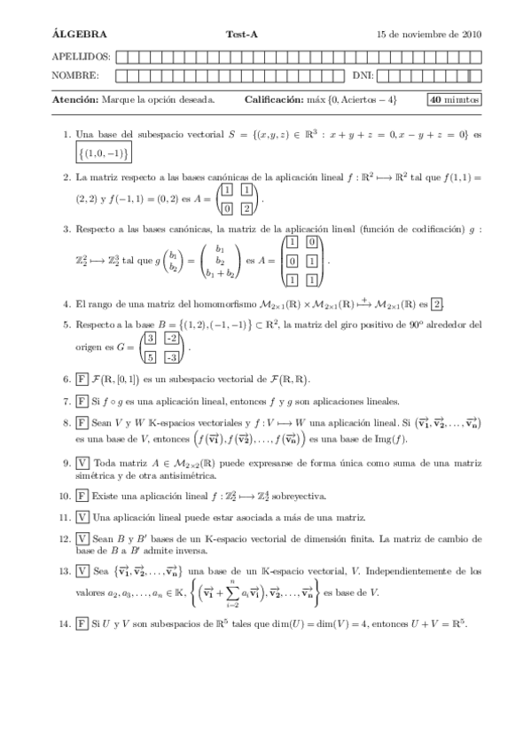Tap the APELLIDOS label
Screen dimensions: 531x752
click(x=77, y=57)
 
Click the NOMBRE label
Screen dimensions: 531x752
click(x=74, y=75)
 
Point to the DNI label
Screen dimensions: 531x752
click(x=363, y=75)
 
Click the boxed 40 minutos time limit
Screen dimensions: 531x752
click(x=454, y=100)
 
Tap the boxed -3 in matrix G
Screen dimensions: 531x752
click(x=172, y=356)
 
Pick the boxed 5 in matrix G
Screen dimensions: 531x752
click(x=151, y=356)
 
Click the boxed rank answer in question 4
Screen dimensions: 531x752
click(x=437, y=304)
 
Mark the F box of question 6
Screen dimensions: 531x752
click(x=82, y=380)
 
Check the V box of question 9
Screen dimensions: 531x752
click(x=82, y=462)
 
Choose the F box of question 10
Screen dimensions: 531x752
click(x=82, y=496)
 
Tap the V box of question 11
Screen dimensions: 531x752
click(x=82, y=517)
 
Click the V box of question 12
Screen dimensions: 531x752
click(x=82, y=538)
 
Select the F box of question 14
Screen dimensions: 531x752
click(x=82, y=623)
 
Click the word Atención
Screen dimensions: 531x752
click(x=75, y=100)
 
